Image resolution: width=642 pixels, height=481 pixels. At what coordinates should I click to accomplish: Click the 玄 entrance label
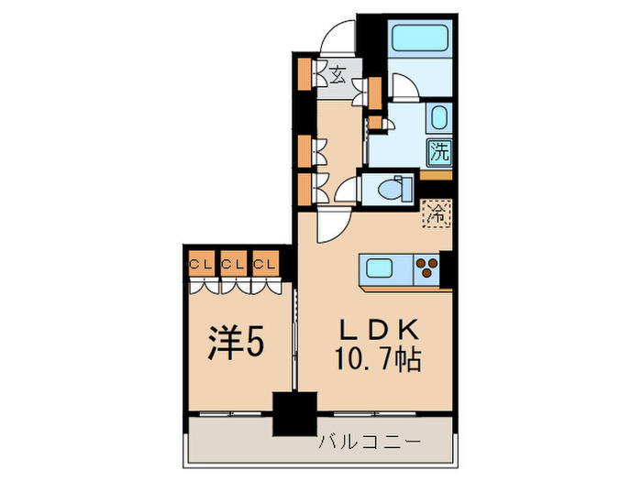point(338,76)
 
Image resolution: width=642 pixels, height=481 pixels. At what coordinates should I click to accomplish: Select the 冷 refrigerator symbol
point(437,215)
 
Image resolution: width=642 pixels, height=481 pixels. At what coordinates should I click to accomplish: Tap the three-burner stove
point(427,268)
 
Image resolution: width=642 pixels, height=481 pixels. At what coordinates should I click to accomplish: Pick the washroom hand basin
point(438,118)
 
